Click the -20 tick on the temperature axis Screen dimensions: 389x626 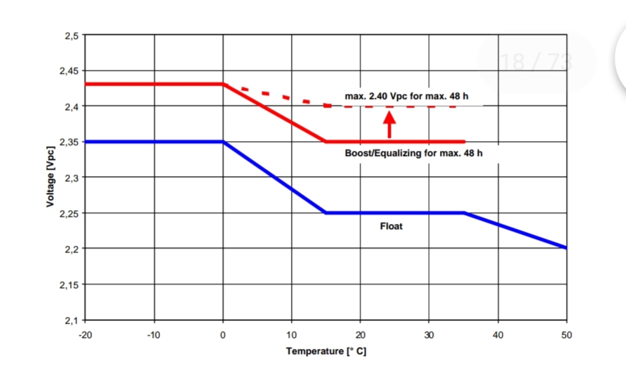point(84,335)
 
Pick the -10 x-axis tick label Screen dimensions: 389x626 point(154,335)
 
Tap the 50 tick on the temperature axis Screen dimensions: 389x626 point(566,335)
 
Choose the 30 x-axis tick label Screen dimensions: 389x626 point(429,335)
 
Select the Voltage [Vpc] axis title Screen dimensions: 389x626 point(50,177)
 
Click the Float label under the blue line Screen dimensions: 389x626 point(391,227)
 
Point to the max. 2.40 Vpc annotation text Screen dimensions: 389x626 point(406,96)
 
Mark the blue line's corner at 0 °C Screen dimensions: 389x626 point(224,142)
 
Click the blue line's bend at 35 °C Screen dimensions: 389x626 point(463,213)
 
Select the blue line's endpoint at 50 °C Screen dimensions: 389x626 point(566,247)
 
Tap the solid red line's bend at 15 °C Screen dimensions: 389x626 point(326,142)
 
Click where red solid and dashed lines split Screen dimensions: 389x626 point(224,84)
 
